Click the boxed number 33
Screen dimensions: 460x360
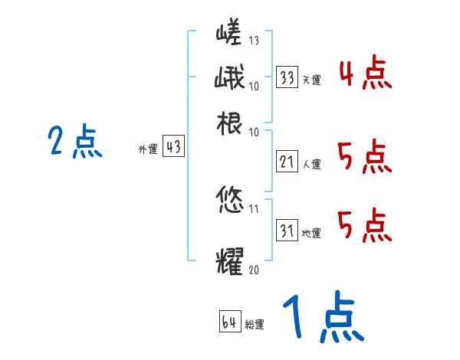(287, 78)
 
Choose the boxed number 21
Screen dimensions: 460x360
(287, 162)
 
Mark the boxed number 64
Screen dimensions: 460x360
(229, 322)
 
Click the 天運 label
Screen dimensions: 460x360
(311, 80)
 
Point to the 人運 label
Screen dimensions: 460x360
(311, 163)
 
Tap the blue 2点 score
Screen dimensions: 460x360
(75, 142)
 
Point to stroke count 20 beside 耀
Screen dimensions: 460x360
(255, 269)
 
